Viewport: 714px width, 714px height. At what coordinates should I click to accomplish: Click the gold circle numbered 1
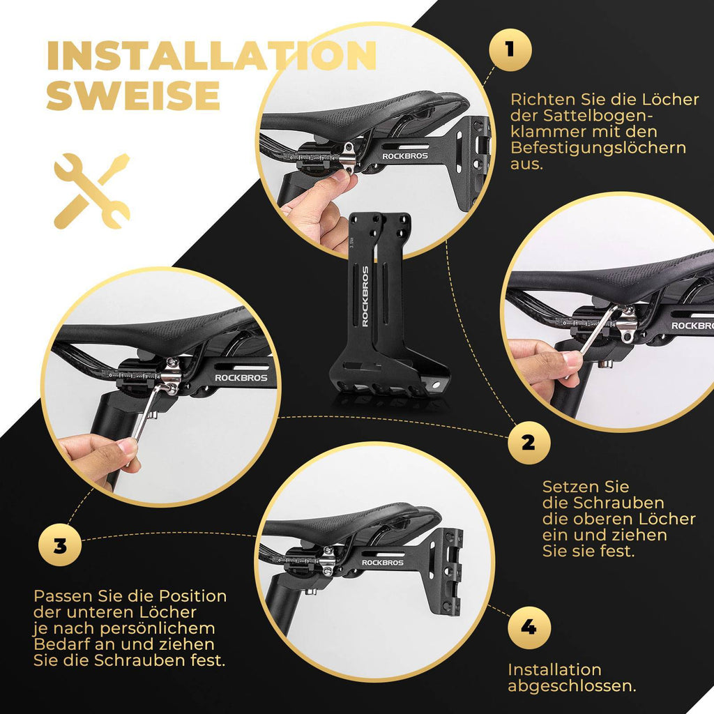point(510,50)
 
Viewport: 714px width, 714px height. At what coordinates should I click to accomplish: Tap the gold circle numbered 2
point(529,442)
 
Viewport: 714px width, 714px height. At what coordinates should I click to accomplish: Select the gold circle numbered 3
point(60,545)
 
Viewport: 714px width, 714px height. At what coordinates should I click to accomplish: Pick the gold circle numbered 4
point(529,628)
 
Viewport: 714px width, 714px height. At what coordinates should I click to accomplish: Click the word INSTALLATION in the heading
point(212,56)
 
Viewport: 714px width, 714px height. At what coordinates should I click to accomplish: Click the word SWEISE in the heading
point(133,95)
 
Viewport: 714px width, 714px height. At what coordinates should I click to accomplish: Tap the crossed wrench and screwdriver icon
point(92,191)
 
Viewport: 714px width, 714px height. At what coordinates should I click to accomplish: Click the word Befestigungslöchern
point(598,149)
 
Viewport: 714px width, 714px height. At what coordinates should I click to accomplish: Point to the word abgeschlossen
point(572,686)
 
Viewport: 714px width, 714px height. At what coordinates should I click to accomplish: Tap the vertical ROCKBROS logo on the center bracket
point(365,296)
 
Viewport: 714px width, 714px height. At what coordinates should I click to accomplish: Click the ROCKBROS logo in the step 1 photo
point(405,156)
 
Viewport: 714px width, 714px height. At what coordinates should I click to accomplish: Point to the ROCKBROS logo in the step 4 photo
point(383,563)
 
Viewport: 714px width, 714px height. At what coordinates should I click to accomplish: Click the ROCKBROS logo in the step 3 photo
point(241,377)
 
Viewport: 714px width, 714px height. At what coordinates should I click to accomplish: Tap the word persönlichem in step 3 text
point(158,628)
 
